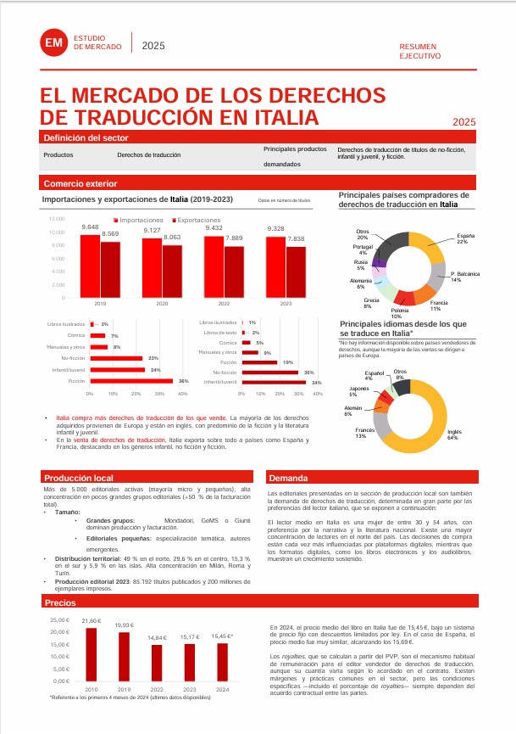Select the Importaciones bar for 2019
[x=90, y=266]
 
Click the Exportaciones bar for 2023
[x=295, y=272]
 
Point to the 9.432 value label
[x=214, y=228]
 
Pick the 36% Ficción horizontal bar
[x=131, y=382]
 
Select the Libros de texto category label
[x=219, y=333]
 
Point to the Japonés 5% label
[x=359, y=391]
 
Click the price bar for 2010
[x=91, y=654]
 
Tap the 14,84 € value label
[x=157, y=637]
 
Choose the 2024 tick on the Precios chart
[x=222, y=689]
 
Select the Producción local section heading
[x=79, y=479]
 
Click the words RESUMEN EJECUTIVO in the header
[x=420, y=50]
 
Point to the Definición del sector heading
[x=85, y=137]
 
